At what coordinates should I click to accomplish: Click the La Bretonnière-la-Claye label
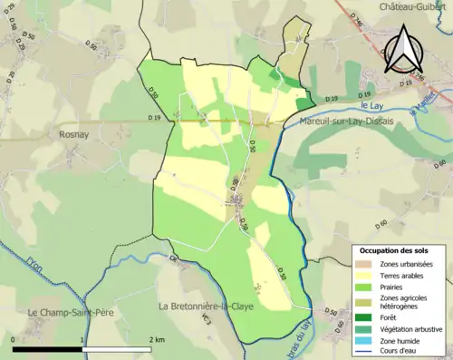206,306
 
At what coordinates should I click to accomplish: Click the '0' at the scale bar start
14,339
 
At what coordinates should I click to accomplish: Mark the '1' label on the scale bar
82,339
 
